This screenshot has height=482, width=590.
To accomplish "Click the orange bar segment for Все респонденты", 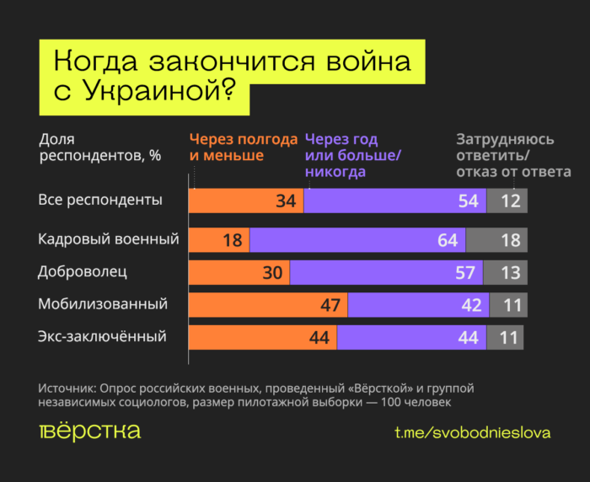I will coord(244,201).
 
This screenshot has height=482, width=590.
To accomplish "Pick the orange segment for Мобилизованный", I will coord(267,304).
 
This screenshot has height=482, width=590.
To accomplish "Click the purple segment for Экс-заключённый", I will coord(410,337).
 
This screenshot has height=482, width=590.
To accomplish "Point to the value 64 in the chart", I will coord(448,240).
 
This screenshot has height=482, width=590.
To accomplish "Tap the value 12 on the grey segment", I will coord(511,201).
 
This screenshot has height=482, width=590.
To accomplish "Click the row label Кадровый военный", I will coord(109,239).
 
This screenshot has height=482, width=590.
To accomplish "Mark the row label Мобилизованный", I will coord(103,303).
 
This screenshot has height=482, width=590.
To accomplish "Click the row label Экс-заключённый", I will coord(102,336).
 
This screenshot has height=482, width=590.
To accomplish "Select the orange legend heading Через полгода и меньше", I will coord(243,147).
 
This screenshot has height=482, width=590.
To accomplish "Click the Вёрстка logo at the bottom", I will coord(89,431).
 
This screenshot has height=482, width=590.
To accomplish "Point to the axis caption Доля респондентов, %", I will coord(99,147).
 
